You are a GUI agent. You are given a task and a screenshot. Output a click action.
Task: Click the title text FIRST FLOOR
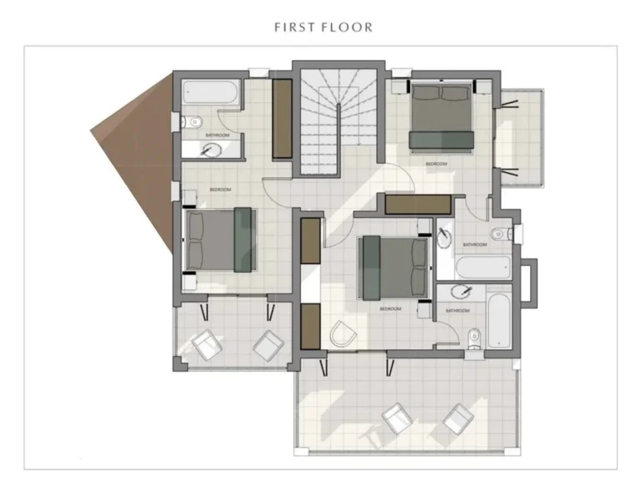(323, 27)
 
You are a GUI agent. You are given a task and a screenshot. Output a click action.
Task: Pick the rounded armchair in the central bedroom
(343, 335)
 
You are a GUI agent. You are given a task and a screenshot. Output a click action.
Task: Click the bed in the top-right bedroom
(443, 116)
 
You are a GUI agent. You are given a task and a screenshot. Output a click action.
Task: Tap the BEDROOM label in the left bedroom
(220, 190)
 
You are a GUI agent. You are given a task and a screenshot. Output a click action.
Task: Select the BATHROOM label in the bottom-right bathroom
(457, 310)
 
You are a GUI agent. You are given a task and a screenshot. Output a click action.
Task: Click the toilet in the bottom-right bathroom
(474, 337)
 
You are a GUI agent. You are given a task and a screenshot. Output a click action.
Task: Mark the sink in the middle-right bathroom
(445, 237)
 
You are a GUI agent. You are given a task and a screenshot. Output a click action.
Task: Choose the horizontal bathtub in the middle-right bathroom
(482, 267)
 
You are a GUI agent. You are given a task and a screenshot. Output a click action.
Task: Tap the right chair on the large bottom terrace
(457, 418)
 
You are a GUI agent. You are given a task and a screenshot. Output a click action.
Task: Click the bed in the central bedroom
(390, 267)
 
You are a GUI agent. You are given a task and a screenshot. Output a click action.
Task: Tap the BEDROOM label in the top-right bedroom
(436, 164)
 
